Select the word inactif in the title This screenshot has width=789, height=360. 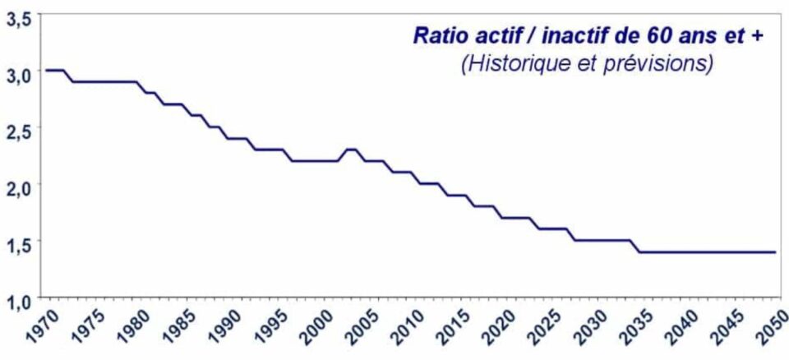coord(558,35)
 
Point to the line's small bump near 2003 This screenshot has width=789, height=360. coord(351,149)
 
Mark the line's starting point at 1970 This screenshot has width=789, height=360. coord(46,70)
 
